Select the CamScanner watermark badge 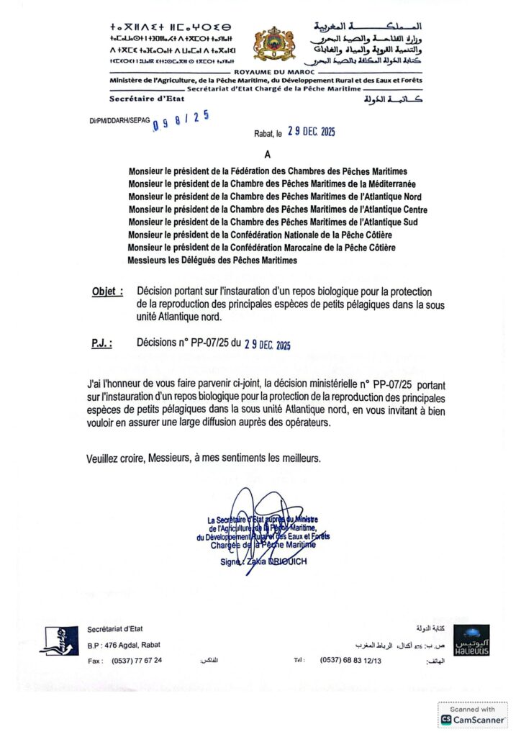(x=472, y=715)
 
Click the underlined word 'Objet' (x=107, y=291)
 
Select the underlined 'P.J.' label (x=101, y=344)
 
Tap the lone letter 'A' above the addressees (x=267, y=154)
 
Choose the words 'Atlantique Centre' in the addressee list (x=384, y=209)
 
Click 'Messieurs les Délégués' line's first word (x=149, y=260)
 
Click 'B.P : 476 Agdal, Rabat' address (x=123, y=644)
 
